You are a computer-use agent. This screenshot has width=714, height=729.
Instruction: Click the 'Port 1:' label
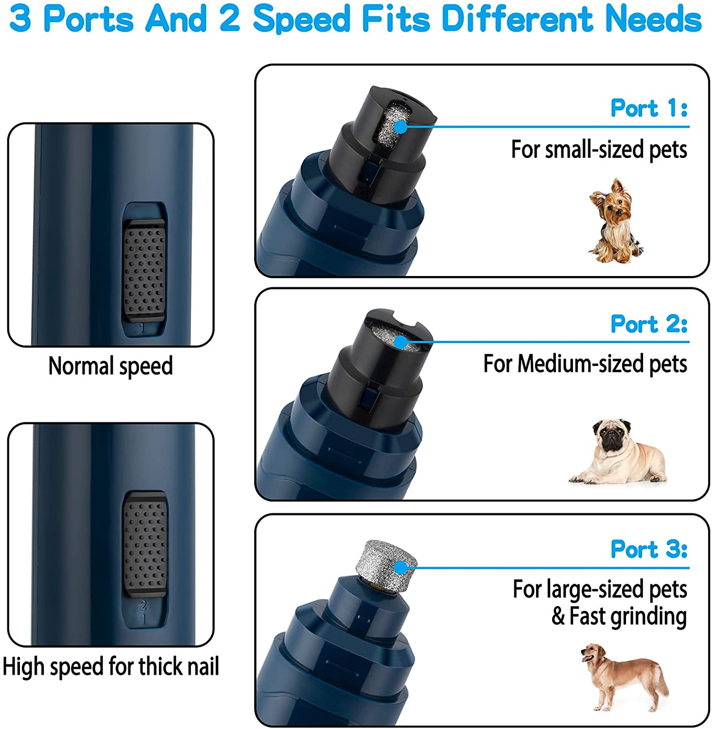[649, 108]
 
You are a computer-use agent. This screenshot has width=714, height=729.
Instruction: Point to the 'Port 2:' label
[649, 324]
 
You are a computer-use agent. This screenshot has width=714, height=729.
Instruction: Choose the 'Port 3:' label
[649, 549]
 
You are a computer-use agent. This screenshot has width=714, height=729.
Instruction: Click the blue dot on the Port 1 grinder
[400, 127]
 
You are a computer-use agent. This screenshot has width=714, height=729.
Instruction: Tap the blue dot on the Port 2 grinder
[400, 342]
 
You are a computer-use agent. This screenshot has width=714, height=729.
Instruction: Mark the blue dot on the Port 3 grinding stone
[400, 567]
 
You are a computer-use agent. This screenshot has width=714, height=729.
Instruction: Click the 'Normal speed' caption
[110, 366]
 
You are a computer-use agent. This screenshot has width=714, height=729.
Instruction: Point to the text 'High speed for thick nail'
[110, 666]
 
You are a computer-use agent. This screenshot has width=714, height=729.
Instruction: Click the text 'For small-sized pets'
[599, 149]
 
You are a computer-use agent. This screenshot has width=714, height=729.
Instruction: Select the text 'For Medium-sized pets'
[585, 364]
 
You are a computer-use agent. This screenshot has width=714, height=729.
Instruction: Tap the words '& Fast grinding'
[619, 616]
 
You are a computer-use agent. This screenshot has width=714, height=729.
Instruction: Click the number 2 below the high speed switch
[143, 606]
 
